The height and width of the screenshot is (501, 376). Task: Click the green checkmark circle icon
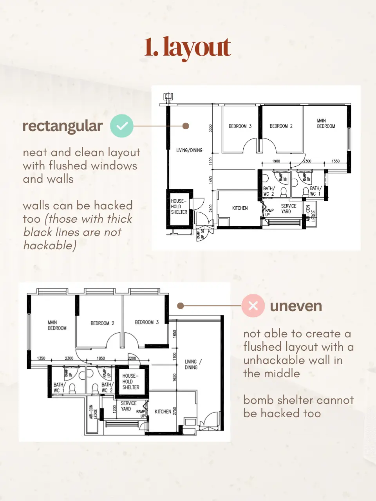(x=122, y=126)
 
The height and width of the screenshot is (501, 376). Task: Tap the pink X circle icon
(x=253, y=306)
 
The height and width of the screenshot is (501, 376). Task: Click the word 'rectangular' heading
(x=63, y=126)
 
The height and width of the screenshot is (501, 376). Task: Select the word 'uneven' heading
(x=296, y=306)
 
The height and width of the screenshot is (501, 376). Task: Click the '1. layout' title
(x=188, y=48)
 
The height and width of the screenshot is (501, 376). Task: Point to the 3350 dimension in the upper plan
(x=210, y=128)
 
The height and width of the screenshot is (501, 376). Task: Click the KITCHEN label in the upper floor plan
(x=240, y=208)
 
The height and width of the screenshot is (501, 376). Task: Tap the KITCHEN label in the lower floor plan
(x=163, y=411)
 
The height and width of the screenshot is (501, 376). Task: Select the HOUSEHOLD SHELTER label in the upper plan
(x=179, y=206)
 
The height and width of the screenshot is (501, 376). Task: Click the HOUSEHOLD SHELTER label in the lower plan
(x=130, y=381)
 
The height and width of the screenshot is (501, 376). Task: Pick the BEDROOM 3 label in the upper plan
(x=240, y=126)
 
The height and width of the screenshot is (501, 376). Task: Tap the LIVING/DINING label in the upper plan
(x=189, y=150)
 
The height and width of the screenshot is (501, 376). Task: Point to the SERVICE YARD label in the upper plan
(x=288, y=209)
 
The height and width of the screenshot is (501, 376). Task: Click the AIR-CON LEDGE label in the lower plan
(x=93, y=411)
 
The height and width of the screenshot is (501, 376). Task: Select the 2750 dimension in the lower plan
(x=175, y=411)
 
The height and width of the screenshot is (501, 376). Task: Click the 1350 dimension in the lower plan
(x=41, y=358)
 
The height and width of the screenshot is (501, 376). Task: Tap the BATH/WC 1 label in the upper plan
(x=316, y=191)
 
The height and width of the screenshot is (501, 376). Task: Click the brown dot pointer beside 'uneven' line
(x=180, y=306)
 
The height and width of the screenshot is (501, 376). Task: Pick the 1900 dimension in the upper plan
(x=276, y=161)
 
